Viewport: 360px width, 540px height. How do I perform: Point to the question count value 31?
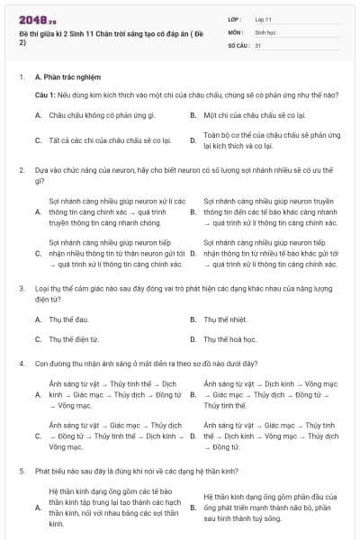click(x=258, y=44)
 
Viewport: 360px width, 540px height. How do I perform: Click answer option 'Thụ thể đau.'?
click(x=68, y=319)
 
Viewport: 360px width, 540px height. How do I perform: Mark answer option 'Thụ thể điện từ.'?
click(x=74, y=339)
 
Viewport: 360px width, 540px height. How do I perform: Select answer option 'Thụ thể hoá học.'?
click(x=230, y=339)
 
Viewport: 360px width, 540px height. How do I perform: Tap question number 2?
click(x=21, y=169)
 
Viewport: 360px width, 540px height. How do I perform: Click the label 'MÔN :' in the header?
click(x=237, y=31)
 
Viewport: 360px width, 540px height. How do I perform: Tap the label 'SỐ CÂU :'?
click(x=239, y=44)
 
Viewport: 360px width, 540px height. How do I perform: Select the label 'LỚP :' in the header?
click(x=236, y=18)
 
